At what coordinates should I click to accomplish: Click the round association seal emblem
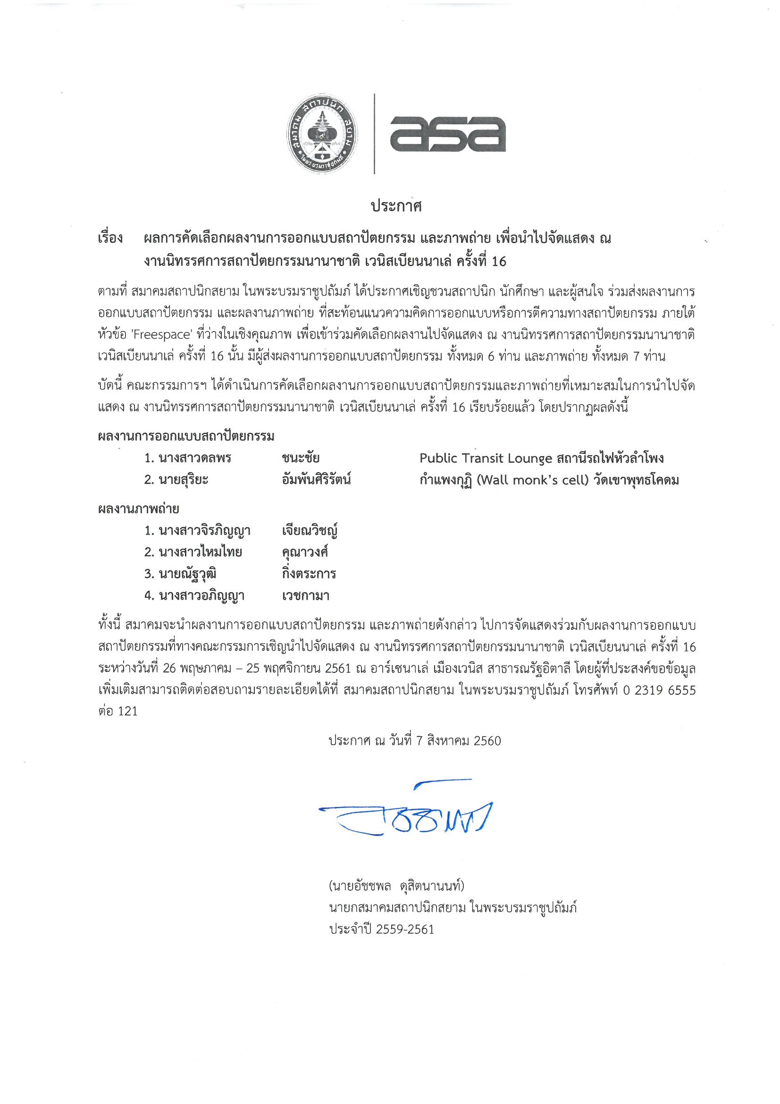(322, 137)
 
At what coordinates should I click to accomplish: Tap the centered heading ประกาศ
(396, 206)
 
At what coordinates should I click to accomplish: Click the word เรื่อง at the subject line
(110, 238)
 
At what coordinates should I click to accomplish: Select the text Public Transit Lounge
(486, 458)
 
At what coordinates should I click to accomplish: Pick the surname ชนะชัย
(301, 458)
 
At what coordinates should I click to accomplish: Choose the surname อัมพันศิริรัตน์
(316, 480)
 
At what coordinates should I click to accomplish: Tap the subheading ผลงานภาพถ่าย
(138, 509)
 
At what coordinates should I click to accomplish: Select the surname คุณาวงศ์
(305, 552)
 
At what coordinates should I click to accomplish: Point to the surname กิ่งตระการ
(309, 574)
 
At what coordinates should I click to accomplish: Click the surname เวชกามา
(305, 596)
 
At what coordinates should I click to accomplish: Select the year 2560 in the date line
(487, 741)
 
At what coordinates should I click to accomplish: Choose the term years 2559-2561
(405, 929)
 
